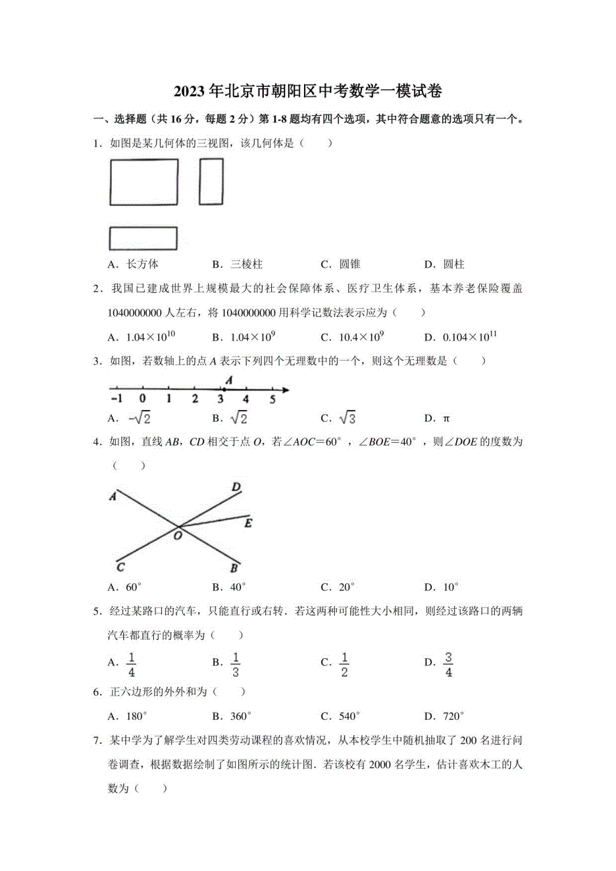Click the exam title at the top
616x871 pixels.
click(x=307, y=91)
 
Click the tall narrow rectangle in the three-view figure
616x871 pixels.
click(x=212, y=181)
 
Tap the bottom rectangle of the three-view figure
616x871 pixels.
click(x=143, y=239)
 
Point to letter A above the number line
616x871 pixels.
click(x=228, y=379)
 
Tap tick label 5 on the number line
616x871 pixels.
click(x=273, y=399)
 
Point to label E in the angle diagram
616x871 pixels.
click(x=248, y=523)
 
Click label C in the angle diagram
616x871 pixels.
click(x=120, y=568)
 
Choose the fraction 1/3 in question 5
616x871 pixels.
click(x=236, y=664)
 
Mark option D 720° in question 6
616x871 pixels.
click(x=446, y=716)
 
